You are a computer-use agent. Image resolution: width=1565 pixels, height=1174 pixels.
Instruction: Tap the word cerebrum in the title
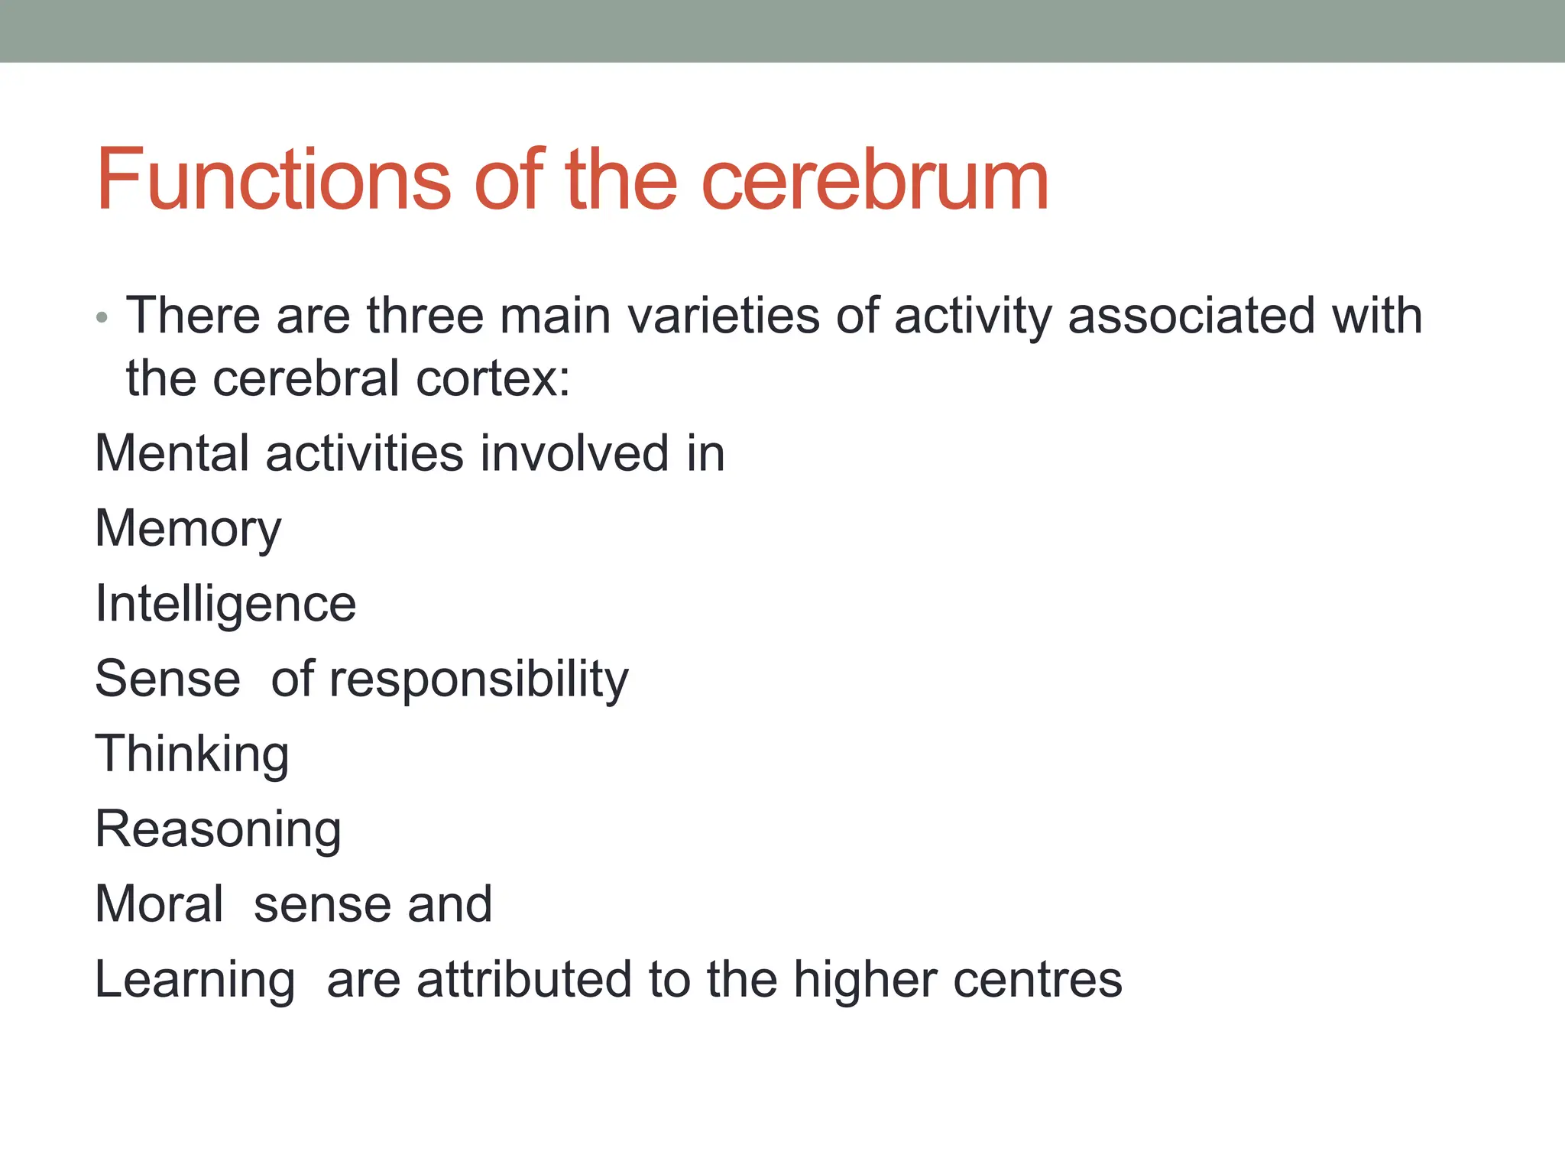tap(874, 180)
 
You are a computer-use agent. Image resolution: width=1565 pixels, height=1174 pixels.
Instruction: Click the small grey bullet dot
tap(102, 317)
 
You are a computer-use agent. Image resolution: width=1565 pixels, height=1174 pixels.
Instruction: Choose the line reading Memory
tap(188, 529)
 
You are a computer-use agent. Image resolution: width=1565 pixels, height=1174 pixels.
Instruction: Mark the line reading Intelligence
tap(225, 605)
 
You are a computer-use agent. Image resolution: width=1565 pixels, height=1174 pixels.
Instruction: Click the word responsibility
tap(478, 679)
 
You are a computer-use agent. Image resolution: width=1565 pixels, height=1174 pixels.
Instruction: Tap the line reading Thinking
tap(192, 754)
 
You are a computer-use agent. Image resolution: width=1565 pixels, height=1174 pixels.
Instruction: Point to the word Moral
tap(159, 903)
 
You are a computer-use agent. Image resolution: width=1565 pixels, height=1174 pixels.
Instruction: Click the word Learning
tap(195, 980)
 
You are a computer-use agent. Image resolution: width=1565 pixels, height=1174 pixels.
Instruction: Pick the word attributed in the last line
tap(523, 978)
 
